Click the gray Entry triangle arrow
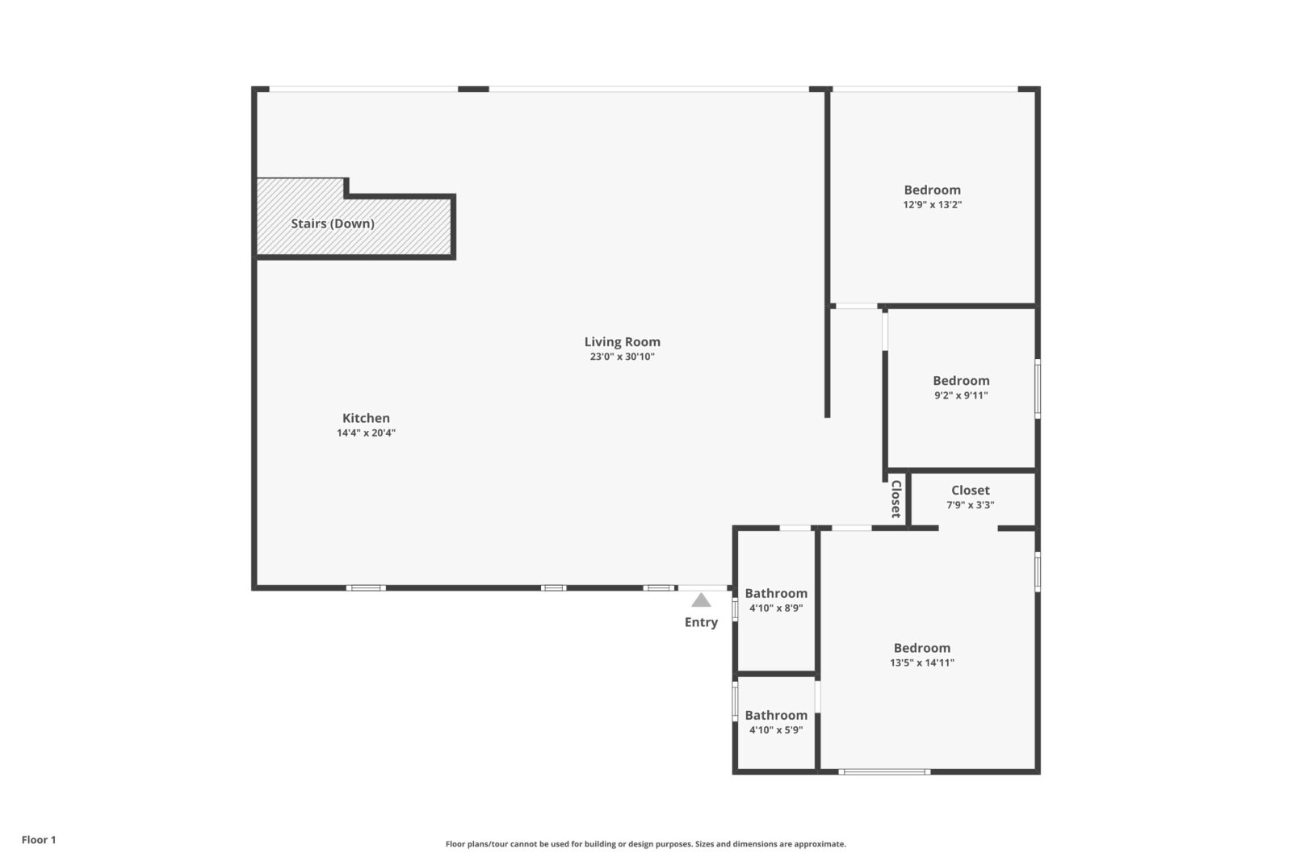[x=701, y=600]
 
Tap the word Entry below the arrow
[x=701, y=622]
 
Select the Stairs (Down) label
[x=333, y=224]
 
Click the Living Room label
[x=622, y=342]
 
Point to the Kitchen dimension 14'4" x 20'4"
[x=366, y=433]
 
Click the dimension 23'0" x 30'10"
[x=622, y=357]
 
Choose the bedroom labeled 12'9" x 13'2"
[x=932, y=196]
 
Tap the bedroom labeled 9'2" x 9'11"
[x=960, y=387]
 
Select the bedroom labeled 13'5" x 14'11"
[x=921, y=654]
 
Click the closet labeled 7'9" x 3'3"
[x=970, y=497]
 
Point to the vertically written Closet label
[x=896, y=499]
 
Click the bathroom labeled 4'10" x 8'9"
[x=775, y=600]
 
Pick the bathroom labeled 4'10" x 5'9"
[x=775, y=722]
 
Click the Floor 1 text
[x=39, y=840]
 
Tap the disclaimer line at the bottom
[x=645, y=844]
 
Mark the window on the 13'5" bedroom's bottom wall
[x=884, y=772]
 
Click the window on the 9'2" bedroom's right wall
[x=1038, y=389]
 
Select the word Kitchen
[x=366, y=418]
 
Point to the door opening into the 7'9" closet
[x=967, y=529]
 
